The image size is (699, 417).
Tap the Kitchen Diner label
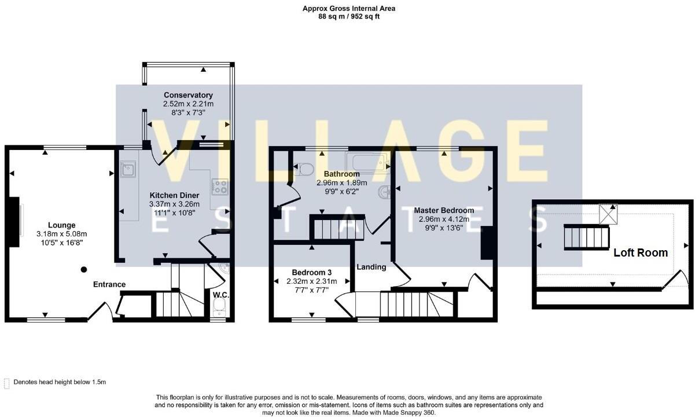tap(174, 195)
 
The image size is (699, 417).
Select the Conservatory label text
tap(188, 95)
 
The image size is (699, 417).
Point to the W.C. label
tap(221, 295)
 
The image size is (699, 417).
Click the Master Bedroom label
tap(444, 210)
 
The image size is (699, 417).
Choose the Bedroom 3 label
tap(311, 273)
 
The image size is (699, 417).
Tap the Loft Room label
tap(641, 253)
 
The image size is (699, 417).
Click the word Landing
tap(371, 267)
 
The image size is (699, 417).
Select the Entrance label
tap(109, 284)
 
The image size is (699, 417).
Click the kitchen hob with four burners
tap(220, 186)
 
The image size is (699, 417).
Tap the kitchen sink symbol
tap(128, 170)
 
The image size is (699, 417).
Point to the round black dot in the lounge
tap(84, 269)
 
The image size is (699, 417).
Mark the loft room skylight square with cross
tap(608, 214)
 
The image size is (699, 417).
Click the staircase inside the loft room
tap(587, 237)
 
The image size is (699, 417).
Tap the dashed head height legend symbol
tap(7, 383)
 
